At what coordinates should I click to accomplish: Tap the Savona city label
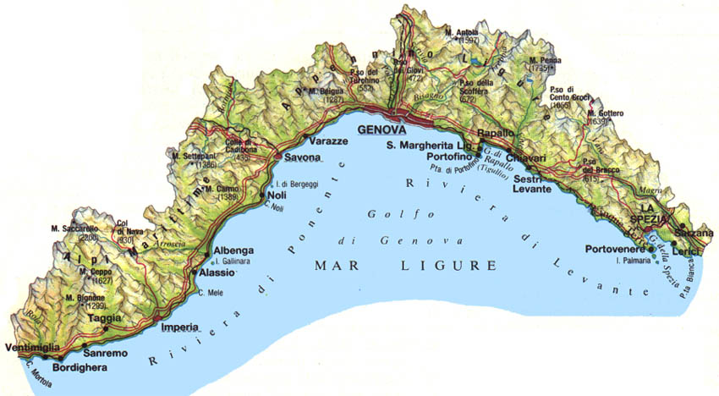click(302, 158)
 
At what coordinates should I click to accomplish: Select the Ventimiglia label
click(30, 349)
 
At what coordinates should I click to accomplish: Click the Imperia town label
click(178, 327)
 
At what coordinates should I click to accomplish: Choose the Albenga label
click(232, 251)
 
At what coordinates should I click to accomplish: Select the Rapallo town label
click(497, 134)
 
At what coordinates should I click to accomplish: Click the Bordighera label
click(81, 368)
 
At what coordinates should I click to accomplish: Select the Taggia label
click(104, 319)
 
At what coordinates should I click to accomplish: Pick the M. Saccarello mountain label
click(78, 228)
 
